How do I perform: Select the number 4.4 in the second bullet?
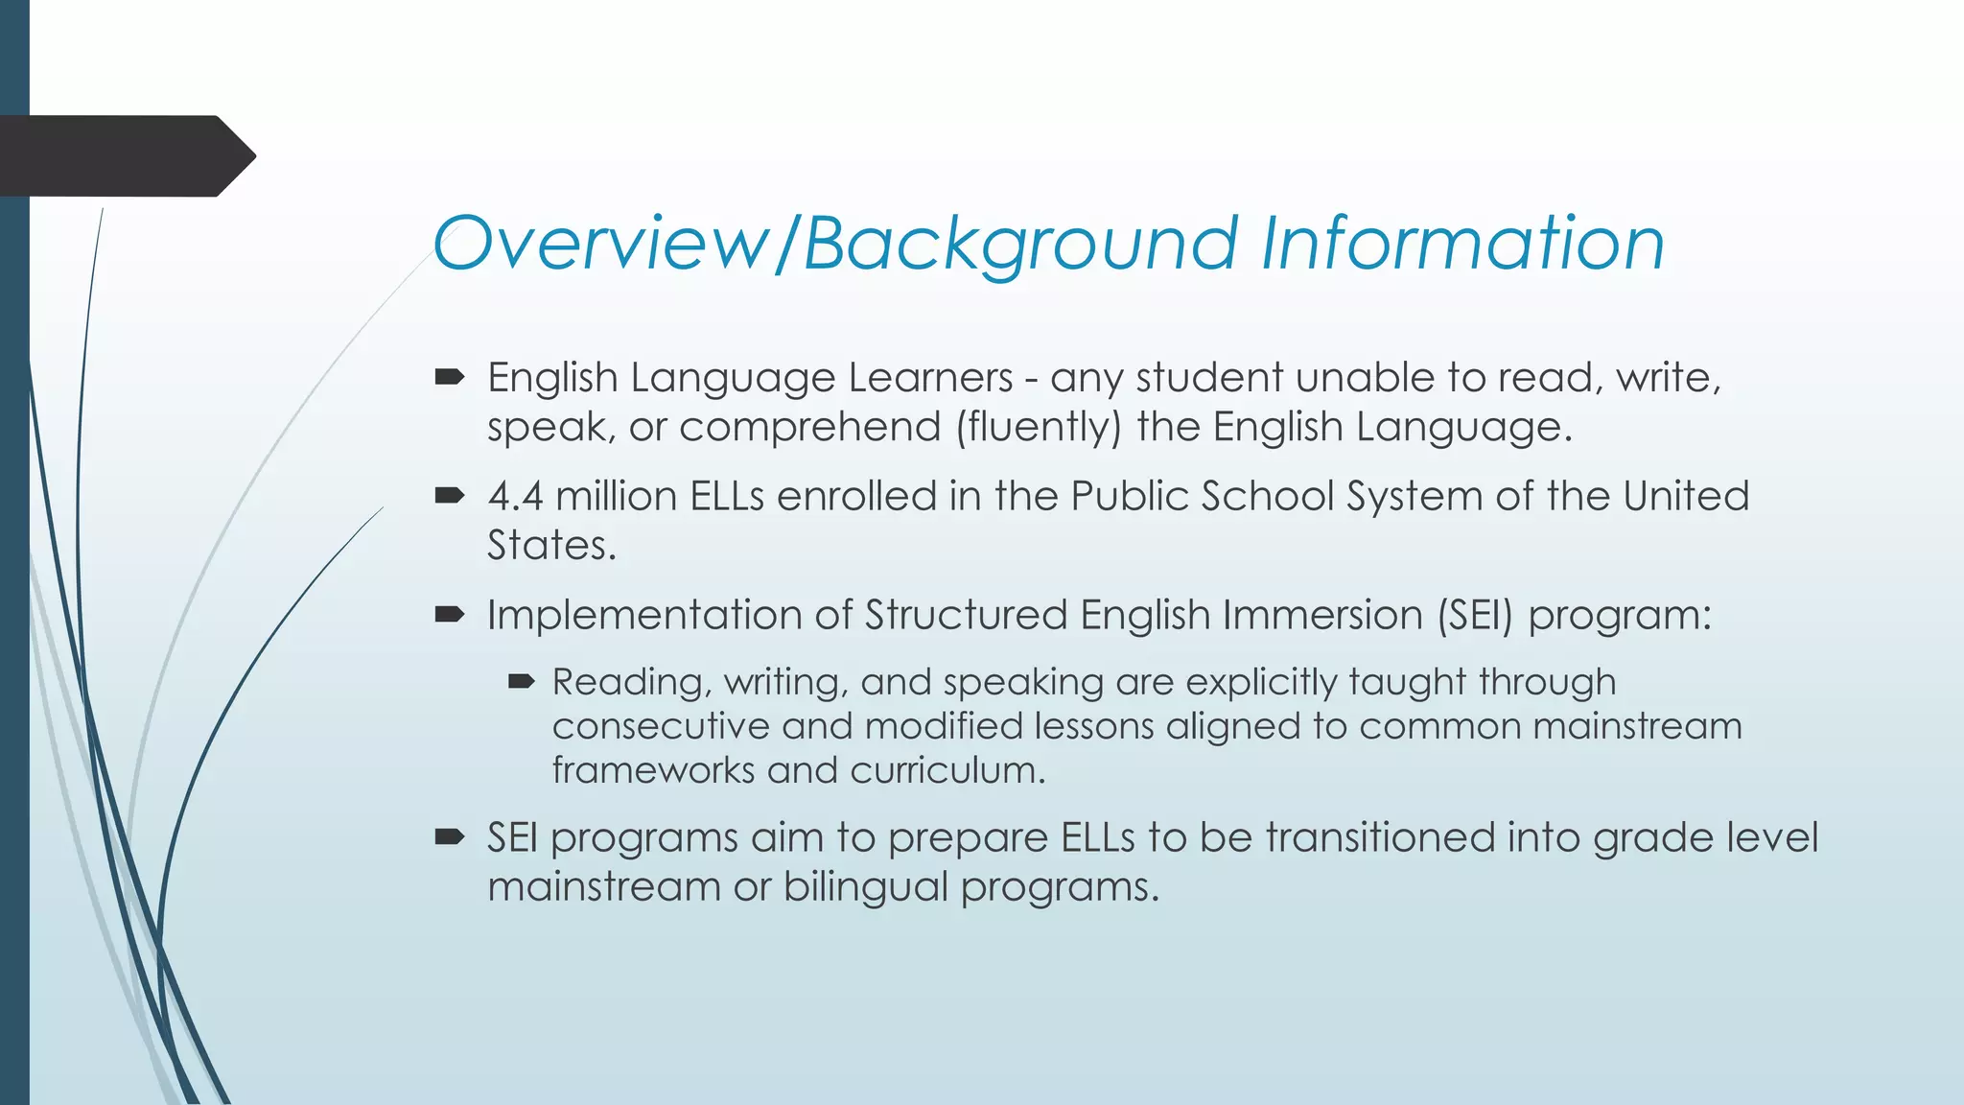515,497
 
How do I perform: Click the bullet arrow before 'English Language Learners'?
449,377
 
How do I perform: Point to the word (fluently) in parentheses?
1038,427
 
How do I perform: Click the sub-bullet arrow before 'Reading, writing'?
521,682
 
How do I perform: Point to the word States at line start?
550,546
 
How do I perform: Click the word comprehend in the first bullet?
810,427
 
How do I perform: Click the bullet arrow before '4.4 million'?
449,496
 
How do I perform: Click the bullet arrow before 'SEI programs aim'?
449,836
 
